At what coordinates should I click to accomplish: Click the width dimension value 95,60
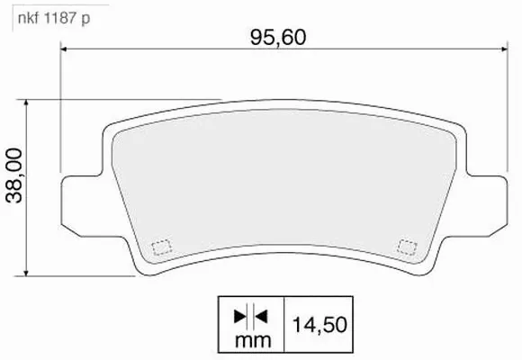(277, 38)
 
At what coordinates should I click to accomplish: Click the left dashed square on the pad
(162, 246)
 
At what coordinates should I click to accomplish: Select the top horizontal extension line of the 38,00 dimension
(126, 99)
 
